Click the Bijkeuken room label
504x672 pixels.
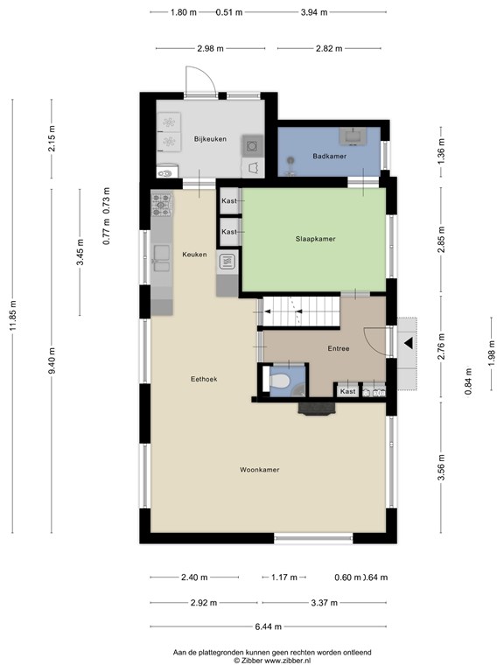(x=210, y=139)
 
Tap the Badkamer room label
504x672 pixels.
(x=330, y=156)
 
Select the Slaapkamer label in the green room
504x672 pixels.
(x=315, y=239)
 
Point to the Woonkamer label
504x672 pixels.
(x=260, y=470)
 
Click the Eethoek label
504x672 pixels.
(x=204, y=379)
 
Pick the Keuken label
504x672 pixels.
(x=194, y=254)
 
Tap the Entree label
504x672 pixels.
(x=339, y=348)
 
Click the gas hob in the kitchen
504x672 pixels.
(x=162, y=205)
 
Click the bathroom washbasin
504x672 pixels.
(x=353, y=136)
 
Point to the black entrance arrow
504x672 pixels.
(x=409, y=343)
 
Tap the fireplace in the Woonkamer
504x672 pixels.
(x=317, y=409)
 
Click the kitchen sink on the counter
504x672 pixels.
(x=162, y=258)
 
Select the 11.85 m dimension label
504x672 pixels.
(x=13, y=316)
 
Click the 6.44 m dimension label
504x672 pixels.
(x=269, y=626)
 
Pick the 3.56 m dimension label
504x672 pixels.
(x=441, y=467)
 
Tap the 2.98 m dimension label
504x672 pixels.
(x=210, y=48)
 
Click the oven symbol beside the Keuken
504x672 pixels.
(x=227, y=262)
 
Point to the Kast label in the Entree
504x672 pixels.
(x=347, y=391)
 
